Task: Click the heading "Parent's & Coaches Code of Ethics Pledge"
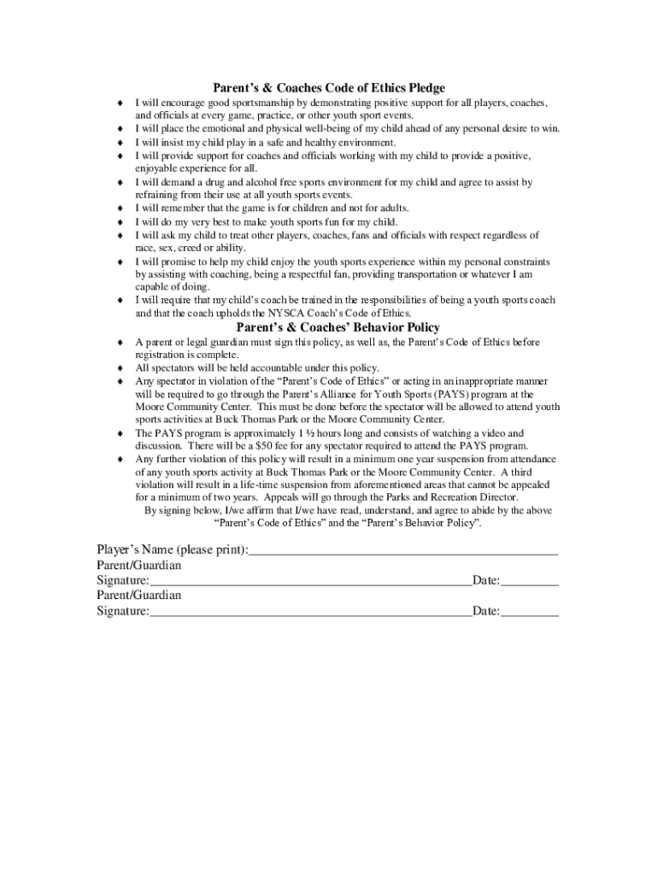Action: [329, 88]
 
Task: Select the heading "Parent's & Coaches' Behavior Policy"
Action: [338, 327]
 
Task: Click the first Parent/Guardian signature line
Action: [310, 583]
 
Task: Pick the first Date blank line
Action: [530, 583]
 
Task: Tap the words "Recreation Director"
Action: [478, 497]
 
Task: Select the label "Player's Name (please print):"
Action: [172, 549]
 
